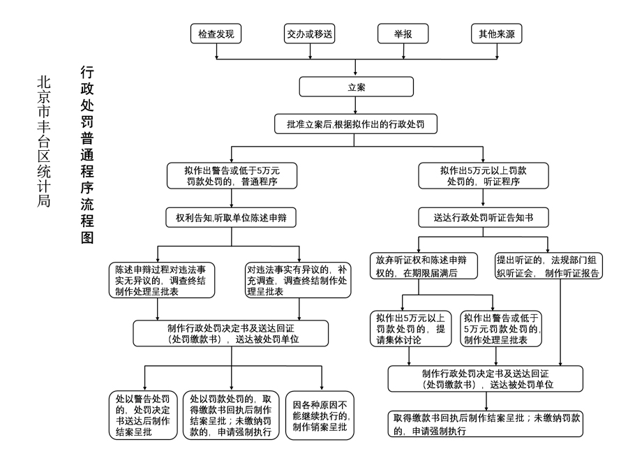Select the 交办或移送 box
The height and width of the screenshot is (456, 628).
point(310,34)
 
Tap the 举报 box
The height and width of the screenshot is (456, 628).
point(403,34)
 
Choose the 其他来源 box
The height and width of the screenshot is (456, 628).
point(495,34)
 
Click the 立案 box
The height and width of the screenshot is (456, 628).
point(357,87)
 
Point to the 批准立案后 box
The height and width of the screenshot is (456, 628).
point(357,124)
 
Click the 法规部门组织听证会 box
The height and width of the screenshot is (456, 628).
point(548,266)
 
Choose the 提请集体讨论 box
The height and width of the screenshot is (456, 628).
point(409,329)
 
